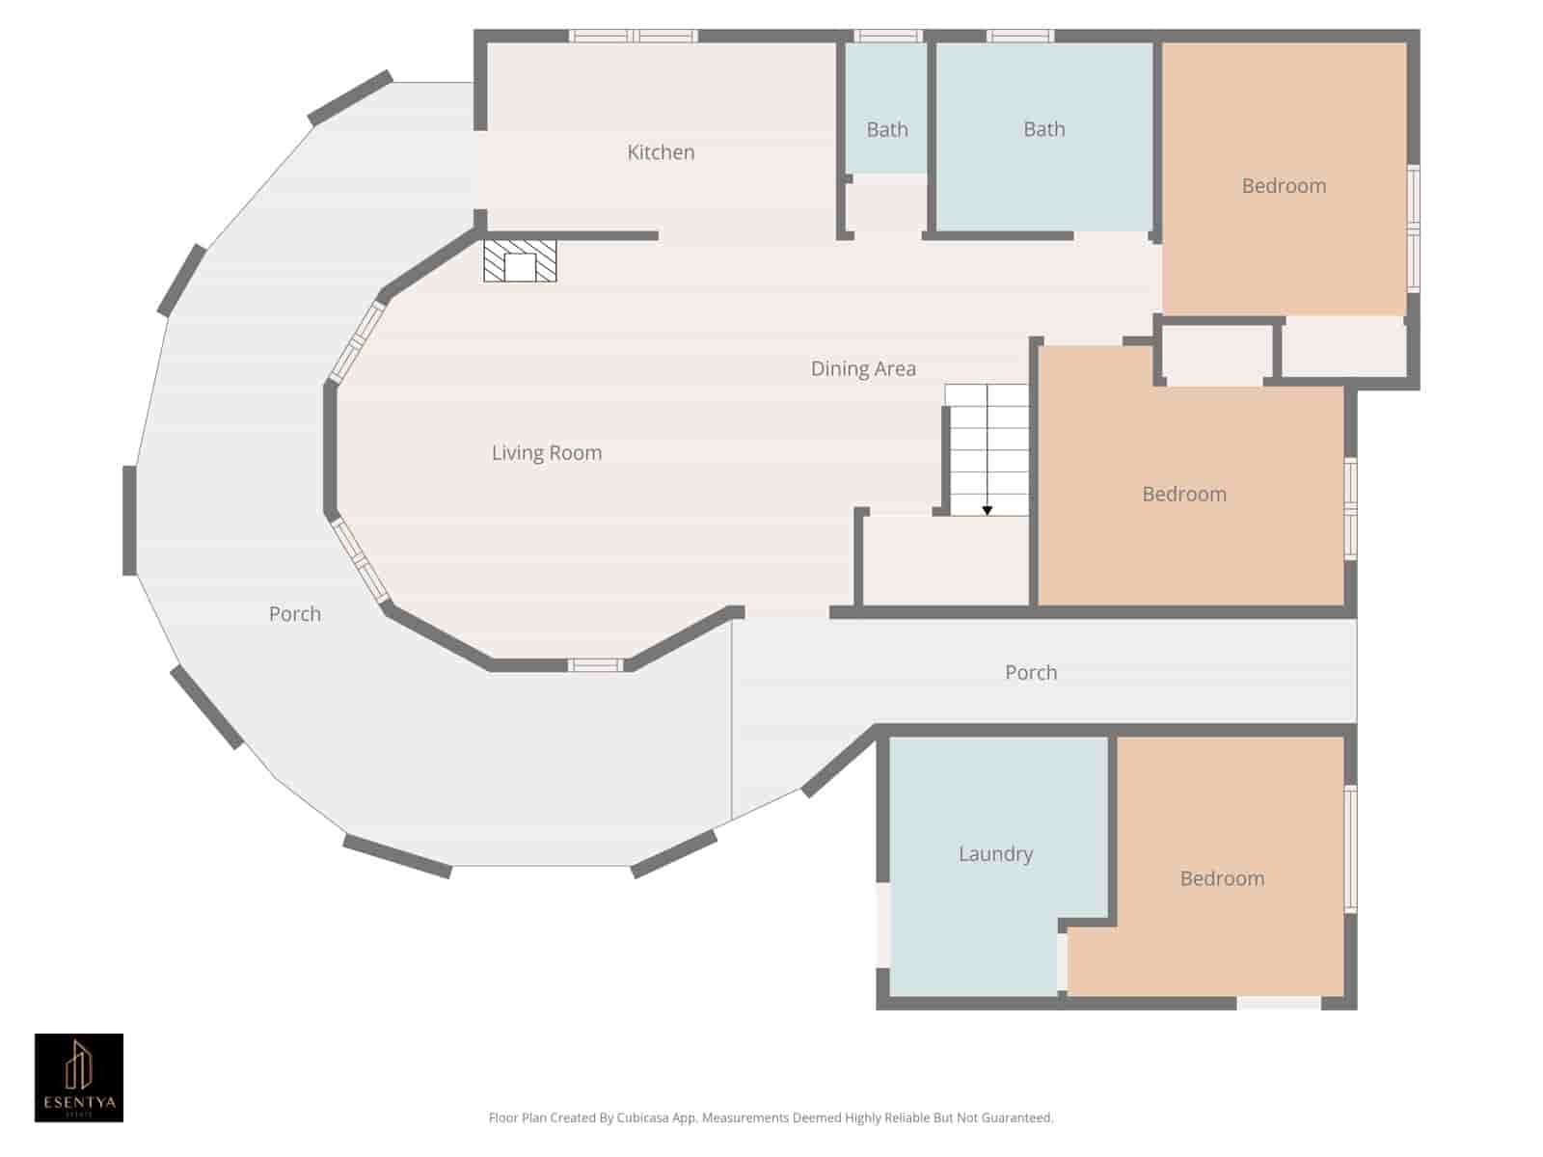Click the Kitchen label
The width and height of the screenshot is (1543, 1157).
pos(661,152)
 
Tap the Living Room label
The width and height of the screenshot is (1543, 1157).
pos(547,453)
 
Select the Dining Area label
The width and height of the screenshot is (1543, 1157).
pos(863,369)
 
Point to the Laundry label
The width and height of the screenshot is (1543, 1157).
pos(995,854)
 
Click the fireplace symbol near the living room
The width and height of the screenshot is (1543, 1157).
pos(520,260)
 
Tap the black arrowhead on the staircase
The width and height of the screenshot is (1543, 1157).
pos(987,511)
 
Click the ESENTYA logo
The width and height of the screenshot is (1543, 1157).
pos(79,1078)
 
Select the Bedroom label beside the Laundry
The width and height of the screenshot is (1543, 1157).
pos(1223,878)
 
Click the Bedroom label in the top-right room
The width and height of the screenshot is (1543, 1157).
pos(1284,186)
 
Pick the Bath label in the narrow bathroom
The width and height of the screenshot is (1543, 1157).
pos(887,130)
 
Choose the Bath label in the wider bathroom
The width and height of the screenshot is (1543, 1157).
pos(1043,129)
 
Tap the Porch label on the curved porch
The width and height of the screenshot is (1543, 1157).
pos(294,614)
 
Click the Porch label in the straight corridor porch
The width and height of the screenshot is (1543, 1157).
pos(1031,673)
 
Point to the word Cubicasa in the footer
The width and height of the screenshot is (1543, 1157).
pos(642,1117)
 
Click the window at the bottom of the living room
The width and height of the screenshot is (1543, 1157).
pos(595,665)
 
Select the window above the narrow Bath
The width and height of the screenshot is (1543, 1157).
pos(888,36)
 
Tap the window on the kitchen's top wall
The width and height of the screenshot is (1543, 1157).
pos(634,36)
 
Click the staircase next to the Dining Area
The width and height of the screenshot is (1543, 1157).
pos(987,450)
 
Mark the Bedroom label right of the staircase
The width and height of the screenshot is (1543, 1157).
pos(1184,495)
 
